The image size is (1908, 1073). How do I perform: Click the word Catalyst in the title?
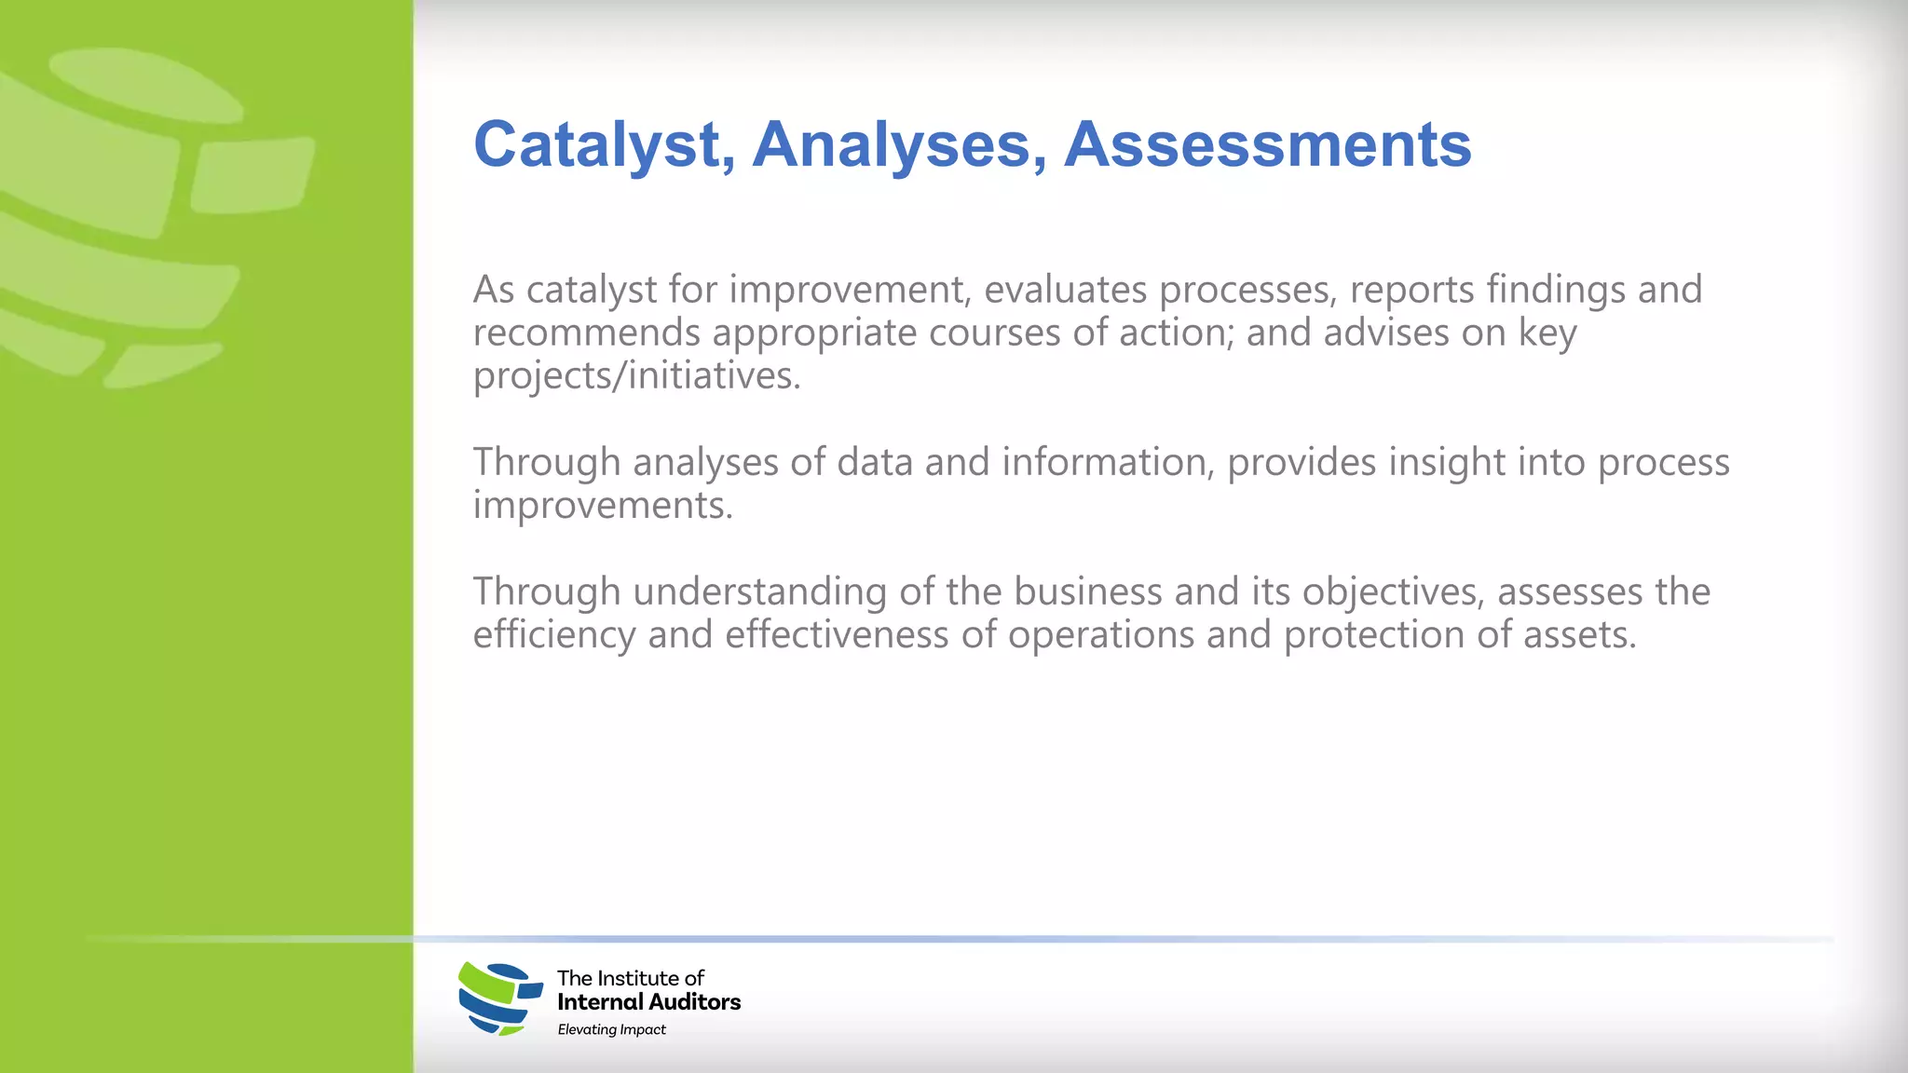(597, 145)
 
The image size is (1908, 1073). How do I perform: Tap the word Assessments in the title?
(1267, 145)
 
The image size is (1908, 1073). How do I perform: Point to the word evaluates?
(1065, 290)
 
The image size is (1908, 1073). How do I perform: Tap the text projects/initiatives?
(635, 376)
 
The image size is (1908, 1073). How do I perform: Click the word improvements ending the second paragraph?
(602, 506)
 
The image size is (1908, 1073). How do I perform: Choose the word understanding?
(759, 591)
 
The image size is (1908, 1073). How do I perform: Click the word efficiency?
(554, 635)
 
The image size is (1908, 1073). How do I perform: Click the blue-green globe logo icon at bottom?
(500, 998)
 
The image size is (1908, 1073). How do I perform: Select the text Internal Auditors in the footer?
(648, 1002)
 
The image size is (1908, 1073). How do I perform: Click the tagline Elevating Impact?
(611, 1029)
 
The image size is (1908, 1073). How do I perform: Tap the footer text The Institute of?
(630, 978)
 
